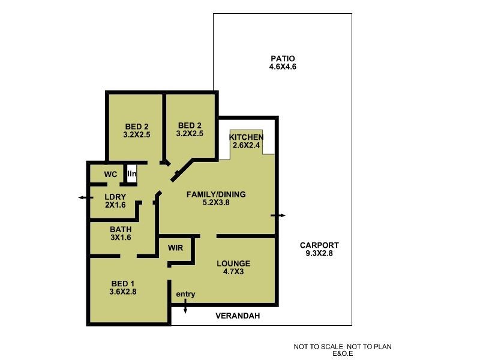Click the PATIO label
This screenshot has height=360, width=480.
283,59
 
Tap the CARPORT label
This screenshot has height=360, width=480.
319,245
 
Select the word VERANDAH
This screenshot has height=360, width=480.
238,316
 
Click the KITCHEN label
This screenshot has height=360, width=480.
247,137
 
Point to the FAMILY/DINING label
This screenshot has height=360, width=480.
216,194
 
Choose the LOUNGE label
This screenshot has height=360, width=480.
234,263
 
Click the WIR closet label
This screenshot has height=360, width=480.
175,247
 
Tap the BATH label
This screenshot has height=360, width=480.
121,229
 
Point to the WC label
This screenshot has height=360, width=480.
110,175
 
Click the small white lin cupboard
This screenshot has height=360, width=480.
131,173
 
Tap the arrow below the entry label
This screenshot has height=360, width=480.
185,308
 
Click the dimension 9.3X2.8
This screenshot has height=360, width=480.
319,253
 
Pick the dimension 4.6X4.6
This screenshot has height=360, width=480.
283,67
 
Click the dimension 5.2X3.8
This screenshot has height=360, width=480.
216,202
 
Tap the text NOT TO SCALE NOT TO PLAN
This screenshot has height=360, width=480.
343,347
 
